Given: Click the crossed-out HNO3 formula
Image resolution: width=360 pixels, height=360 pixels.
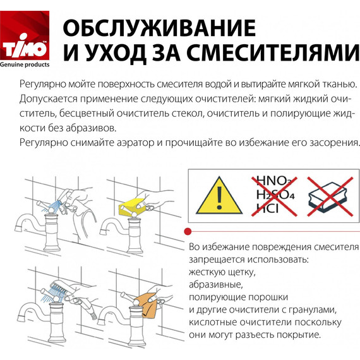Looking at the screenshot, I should point(272,179).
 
